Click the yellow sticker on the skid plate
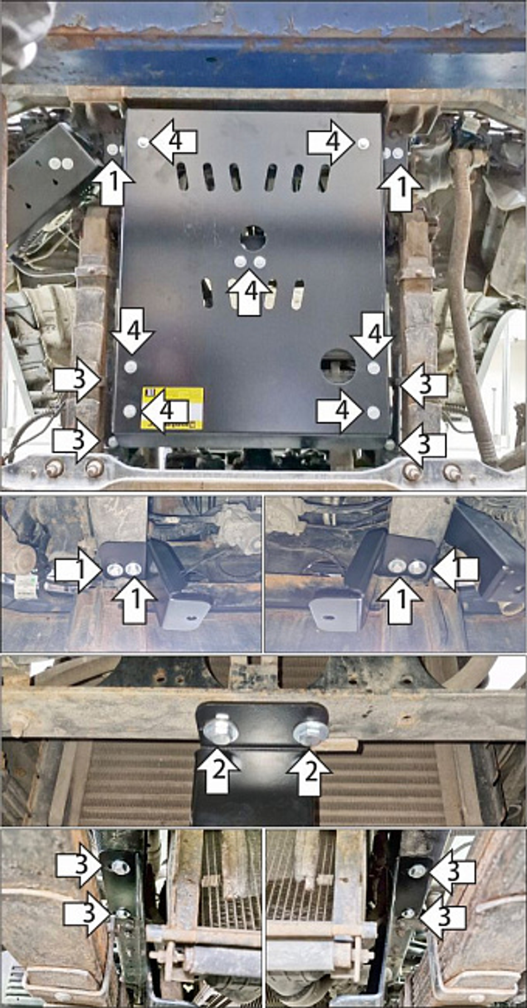[x=172, y=408]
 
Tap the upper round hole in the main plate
[x=253, y=238]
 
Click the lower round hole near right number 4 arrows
[x=338, y=365]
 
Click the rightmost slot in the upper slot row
[x=324, y=177]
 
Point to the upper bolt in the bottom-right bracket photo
[x=417, y=871]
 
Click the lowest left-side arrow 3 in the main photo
[x=77, y=441]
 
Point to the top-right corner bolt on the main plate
[x=363, y=142]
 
